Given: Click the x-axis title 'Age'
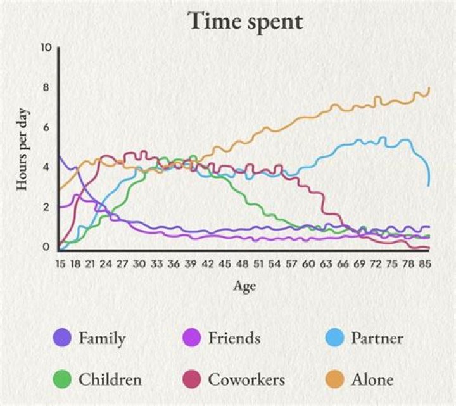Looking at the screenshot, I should click(244, 286).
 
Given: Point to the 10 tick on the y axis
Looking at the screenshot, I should click(45, 48).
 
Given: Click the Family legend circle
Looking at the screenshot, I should click(62, 338).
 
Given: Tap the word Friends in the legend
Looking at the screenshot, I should click(234, 338).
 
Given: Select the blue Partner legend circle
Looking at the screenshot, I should click(334, 338).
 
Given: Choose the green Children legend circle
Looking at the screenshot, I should click(62, 379).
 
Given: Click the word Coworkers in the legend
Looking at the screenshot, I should click(246, 379).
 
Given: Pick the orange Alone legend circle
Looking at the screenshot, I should click(334, 379).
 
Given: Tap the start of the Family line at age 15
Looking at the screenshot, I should click(59, 156).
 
